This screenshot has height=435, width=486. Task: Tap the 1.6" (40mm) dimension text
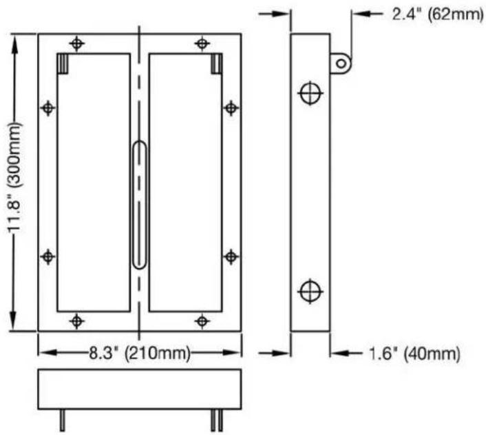pos(414,354)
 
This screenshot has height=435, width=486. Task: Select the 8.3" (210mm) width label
pos(140,353)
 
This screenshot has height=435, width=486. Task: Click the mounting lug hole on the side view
pos(341,63)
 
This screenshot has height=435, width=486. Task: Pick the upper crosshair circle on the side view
pos(310,93)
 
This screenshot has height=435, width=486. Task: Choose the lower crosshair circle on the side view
pos(310,291)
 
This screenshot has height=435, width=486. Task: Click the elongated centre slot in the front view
pos(139,205)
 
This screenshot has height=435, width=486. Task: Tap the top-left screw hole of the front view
pos(77,43)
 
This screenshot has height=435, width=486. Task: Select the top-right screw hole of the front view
pos(202,43)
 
